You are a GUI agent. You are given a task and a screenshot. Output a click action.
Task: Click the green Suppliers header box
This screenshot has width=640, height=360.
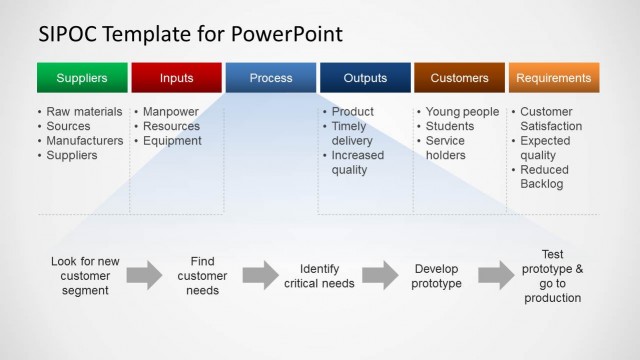[82, 78]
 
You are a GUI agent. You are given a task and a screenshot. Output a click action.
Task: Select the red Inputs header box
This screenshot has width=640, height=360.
[176, 78]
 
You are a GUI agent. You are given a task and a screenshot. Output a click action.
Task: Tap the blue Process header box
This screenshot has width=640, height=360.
[271, 78]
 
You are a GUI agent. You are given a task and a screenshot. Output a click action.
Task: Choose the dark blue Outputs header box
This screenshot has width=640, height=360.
[365, 78]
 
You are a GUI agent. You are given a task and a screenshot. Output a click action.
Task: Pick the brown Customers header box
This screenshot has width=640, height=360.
[459, 78]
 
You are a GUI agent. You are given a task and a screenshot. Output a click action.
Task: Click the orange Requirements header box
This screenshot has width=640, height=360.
[554, 78]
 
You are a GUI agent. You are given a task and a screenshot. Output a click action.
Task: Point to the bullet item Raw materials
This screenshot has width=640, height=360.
[84, 112]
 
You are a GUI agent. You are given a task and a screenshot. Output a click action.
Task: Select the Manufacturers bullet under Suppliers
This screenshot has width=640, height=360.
[85, 141]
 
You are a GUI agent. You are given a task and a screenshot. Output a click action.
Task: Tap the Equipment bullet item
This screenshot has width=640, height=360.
[172, 141]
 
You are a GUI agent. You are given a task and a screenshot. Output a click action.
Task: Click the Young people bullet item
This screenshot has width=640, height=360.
[462, 112]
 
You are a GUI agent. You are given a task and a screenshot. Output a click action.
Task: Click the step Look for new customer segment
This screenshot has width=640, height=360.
[85, 276]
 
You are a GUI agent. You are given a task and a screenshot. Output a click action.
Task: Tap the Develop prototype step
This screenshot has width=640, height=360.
[436, 276]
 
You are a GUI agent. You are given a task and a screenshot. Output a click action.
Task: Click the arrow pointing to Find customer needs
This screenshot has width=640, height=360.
[144, 275]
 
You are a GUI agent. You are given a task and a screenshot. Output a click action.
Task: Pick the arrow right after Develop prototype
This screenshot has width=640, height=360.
[496, 275]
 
